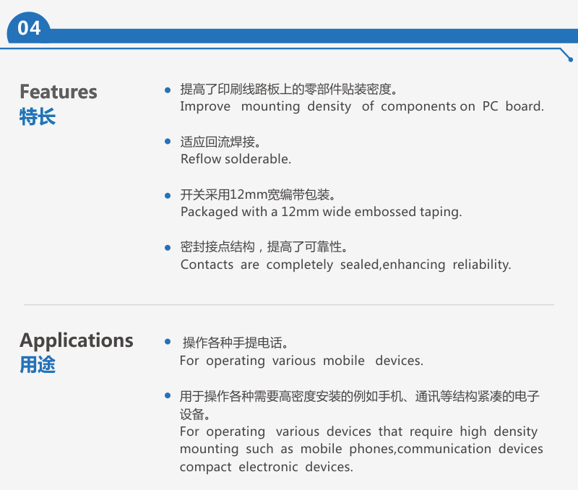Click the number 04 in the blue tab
(x=29, y=28)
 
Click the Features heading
(x=59, y=92)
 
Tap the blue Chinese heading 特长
(x=38, y=116)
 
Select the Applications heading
(x=77, y=340)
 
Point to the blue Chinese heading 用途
(x=38, y=365)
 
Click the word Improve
(x=205, y=106)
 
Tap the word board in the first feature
(x=525, y=106)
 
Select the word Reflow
(x=201, y=159)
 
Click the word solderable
(x=258, y=159)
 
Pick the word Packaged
(x=209, y=212)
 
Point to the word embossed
(x=385, y=212)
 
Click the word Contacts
(x=207, y=265)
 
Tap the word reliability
(x=481, y=265)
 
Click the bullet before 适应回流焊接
(x=168, y=141)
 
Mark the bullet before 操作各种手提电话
(x=168, y=342)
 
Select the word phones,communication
(x=420, y=449)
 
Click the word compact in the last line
(x=205, y=467)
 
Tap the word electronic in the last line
(x=268, y=467)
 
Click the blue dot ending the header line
(x=570, y=59)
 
